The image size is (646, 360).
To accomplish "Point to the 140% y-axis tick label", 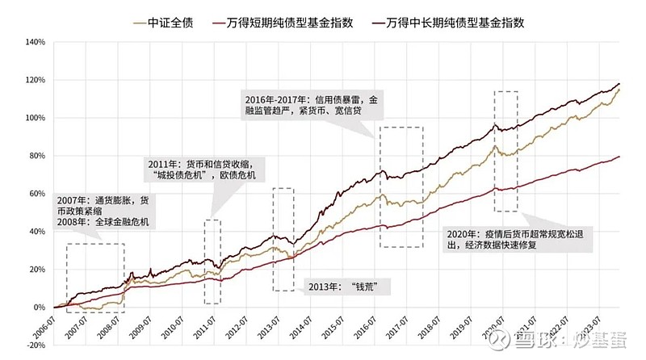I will click(x=31, y=41).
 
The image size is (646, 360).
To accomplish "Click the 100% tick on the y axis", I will click(x=31, y=117).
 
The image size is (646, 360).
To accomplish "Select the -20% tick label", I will click(x=32, y=345).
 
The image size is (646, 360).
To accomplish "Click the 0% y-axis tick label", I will click(x=36, y=307).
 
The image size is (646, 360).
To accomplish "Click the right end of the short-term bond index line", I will click(x=619, y=157).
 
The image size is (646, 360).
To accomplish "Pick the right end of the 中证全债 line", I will click(x=619, y=90).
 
